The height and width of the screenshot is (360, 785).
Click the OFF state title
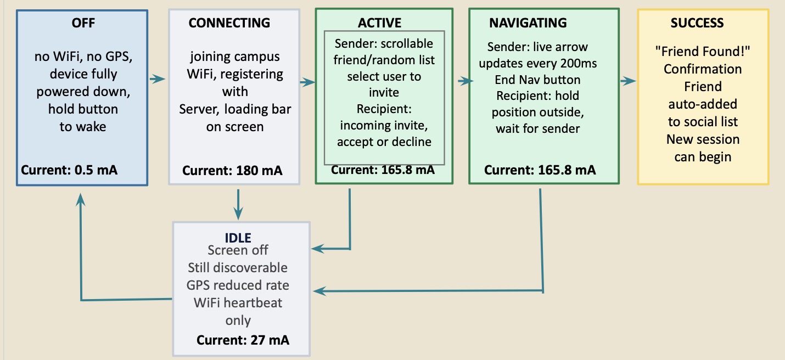tap(83, 23)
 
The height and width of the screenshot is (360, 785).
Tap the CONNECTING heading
tap(229, 23)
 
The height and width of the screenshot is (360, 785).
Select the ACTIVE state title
tap(379, 23)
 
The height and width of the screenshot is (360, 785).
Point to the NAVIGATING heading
tap(528, 23)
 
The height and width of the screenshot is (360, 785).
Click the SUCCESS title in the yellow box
tap(697, 23)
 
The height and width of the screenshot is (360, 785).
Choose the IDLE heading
tap(238, 238)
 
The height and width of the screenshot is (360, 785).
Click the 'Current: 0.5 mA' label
tap(69, 170)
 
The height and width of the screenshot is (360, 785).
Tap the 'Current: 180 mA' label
tap(232, 171)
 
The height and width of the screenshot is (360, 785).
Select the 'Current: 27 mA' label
tap(243, 340)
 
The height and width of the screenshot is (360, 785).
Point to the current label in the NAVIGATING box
tap(540, 170)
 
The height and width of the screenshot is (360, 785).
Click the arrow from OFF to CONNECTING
tap(158, 79)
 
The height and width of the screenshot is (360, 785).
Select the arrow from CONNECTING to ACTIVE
tap(308, 82)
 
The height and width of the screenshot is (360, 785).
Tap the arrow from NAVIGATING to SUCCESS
tap(628, 81)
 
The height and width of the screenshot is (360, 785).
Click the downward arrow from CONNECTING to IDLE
tap(238, 205)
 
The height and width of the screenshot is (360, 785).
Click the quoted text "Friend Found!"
tap(703, 52)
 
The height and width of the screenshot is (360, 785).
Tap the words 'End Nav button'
tap(537, 80)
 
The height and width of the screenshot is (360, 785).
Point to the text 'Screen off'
tap(238, 250)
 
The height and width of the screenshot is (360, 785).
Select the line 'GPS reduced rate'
tap(238, 285)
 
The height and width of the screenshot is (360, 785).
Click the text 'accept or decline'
tap(384, 142)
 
